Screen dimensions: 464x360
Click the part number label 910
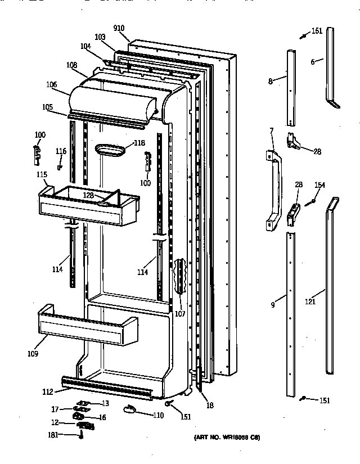pyautogui.click(x=119, y=28)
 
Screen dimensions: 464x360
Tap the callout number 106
pyautogui.click(x=52, y=85)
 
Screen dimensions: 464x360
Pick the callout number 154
pyautogui.click(x=319, y=186)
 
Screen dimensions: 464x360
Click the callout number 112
pyautogui.click(x=47, y=392)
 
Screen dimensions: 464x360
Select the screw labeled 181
pyautogui.click(x=82, y=435)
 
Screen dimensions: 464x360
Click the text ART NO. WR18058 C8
pyautogui.click(x=227, y=438)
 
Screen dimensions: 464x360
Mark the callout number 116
pyautogui.click(x=61, y=152)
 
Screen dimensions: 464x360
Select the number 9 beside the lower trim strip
pyautogui.click(x=272, y=305)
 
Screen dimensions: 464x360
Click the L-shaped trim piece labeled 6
pyautogui.click(x=330, y=67)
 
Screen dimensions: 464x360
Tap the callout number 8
pyautogui.click(x=270, y=82)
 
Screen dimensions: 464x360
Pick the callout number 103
pyautogui.click(x=100, y=37)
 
